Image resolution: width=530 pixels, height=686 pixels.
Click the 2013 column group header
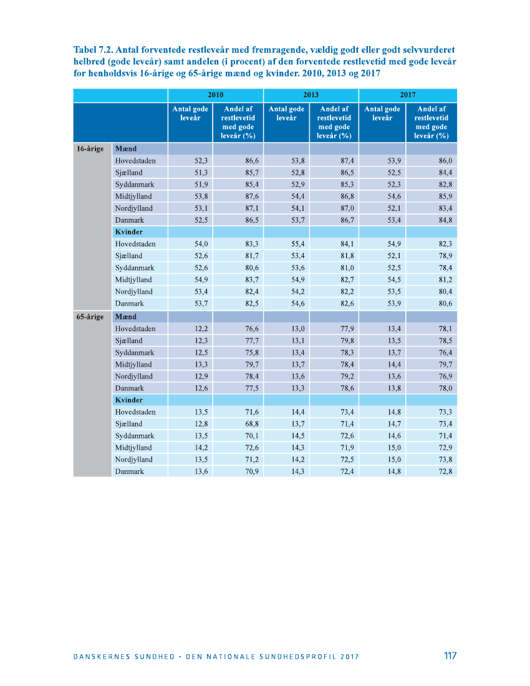point(311,95)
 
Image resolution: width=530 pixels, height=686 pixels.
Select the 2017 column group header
point(408,95)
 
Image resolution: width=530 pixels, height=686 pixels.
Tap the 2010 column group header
point(215,95)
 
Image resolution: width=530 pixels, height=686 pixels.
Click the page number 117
point(450,655)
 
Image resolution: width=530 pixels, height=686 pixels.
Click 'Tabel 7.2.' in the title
point(93,49)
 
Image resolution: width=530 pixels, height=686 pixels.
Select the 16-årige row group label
point(90,149)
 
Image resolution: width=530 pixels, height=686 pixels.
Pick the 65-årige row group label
point(90,317)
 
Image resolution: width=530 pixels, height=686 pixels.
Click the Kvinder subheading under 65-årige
point(128,400)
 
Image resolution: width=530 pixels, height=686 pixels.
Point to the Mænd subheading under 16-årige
point(125,149)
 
